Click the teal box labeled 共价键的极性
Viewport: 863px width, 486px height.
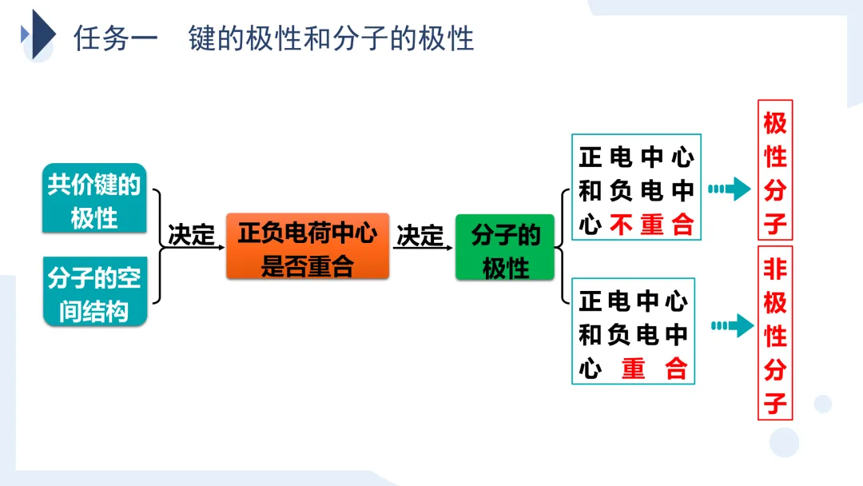[94, 198]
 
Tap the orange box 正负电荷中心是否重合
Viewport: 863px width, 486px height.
[308, 246]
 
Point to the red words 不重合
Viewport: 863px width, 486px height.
[652, 225]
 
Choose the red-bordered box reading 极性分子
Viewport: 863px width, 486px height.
[774, 170]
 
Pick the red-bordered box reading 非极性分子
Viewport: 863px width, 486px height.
[774, 333]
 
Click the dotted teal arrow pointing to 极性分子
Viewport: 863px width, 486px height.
[730, 189]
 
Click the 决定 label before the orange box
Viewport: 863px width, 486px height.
[192, 235]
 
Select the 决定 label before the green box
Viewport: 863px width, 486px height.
[420, 235]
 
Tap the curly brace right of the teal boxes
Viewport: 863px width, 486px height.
[157, 246]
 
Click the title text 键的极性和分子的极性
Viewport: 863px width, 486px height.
[332, 38]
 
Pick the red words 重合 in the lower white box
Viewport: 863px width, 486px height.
[654, 368]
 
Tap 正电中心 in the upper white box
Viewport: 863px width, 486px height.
[636, 157]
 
